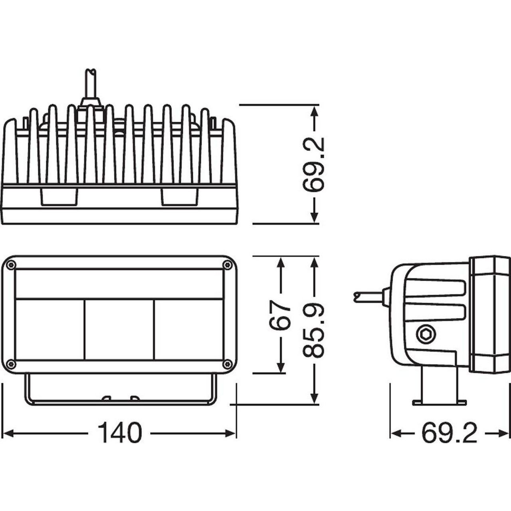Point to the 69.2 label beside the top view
(x=314, y=164)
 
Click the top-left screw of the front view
(x=11, y=265)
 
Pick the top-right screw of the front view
(x=227, y=264)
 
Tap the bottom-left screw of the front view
(x=11, y=364)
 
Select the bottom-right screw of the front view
(x=227, y=364)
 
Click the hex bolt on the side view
(x=426, y=335)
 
